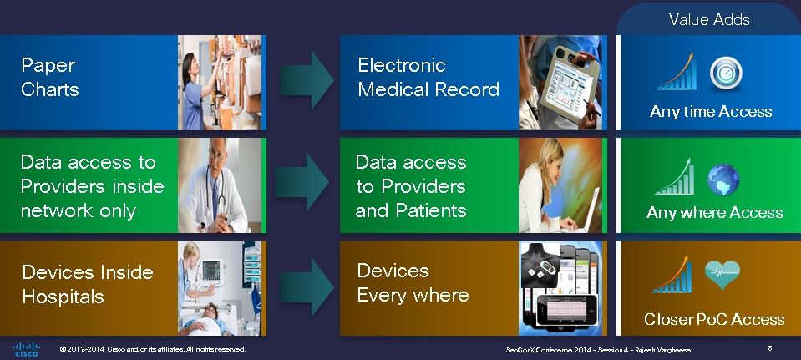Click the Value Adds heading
(x=709, y=19)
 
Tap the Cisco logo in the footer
(x=27, y=349)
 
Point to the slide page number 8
(x=770, y=348)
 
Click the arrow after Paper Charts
(x=306, y=79)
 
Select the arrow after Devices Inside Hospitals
(x=307, y=287)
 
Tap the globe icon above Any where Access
(x=723, y=180)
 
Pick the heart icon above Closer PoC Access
(x=722, y=274)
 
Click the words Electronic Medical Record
(x=428, y=77)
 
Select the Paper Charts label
(x=50, y=77)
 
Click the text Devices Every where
(x=413, y=282)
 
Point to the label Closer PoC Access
(x=714, y=319)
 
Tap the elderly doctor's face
(x=216, y=154)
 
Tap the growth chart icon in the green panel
(x=674, y=177)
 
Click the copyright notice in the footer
(x=153, y=349)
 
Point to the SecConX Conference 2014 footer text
(x=598, y=350)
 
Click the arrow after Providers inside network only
(x=302, y=182)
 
